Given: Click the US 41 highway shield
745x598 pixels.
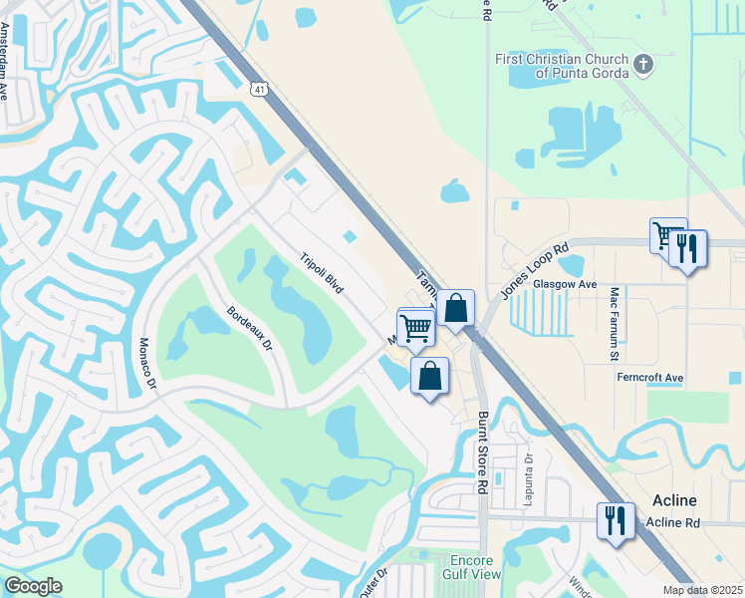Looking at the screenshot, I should [258, 89].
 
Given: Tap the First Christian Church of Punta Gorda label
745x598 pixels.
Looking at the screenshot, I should [563, 66].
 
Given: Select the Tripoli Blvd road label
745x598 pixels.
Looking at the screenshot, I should [322, 272].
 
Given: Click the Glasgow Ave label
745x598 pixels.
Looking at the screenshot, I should [564, 284].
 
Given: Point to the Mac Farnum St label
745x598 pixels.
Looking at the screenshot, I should [615, 323].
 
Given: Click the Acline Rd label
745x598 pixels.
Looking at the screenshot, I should [672, 522].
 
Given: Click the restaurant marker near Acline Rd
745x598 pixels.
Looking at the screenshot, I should [615, 520].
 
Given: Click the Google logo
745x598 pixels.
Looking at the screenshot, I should [33, 586].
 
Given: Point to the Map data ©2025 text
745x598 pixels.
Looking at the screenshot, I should [702, 590].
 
